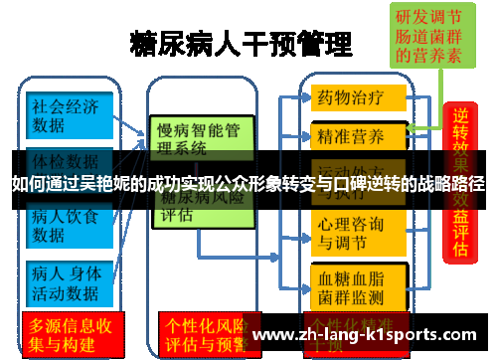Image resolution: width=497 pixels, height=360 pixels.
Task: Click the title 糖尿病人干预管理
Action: [x=242, y=46]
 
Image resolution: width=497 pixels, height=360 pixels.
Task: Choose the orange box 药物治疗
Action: [x=360, y=98]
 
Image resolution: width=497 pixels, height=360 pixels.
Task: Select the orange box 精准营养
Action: [x=360, y=134]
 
